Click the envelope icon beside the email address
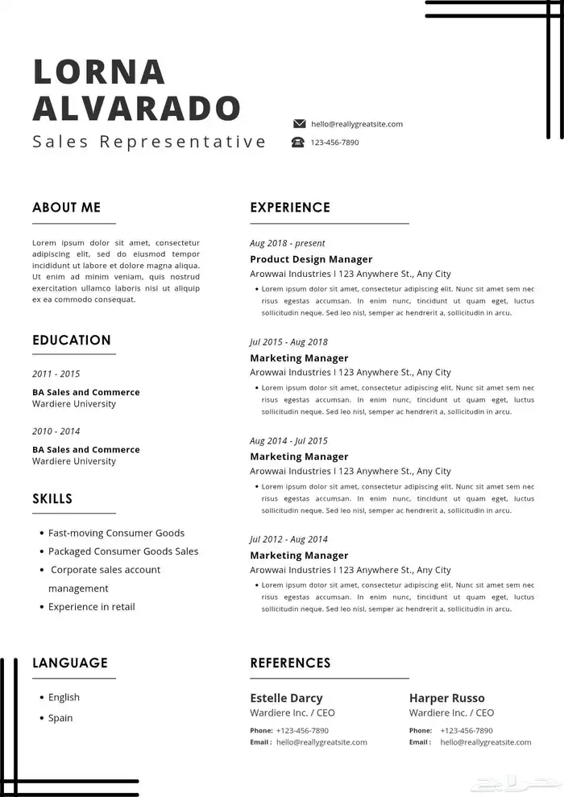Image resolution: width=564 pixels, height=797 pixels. (300, 124)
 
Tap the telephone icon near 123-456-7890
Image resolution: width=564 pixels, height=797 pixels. (298, 142)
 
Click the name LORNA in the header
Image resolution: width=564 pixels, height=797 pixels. (99, 72)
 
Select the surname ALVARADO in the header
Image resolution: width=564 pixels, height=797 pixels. (137, 108)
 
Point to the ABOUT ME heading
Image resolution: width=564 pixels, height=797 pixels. (67, 208)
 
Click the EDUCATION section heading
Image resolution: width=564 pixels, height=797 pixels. (72, 341)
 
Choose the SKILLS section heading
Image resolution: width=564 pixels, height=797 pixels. (52, 499)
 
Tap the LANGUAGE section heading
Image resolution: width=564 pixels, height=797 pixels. (70, 663)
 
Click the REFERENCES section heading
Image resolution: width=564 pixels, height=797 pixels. (290, 663)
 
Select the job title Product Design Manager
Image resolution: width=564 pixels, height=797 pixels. (311, 259)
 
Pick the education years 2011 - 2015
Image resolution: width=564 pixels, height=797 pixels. (56, 374)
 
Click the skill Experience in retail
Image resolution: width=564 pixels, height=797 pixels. (91, 607)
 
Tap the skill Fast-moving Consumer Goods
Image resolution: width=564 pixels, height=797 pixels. (116, 533)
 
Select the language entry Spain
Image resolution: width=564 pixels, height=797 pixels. (60, 718)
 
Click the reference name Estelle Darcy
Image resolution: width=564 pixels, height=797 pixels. (286, 698)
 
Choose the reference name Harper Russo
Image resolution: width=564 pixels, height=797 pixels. (447, 698)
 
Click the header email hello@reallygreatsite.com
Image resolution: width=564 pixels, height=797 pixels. (357, 124)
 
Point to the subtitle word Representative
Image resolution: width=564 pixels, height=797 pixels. (183, 142)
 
